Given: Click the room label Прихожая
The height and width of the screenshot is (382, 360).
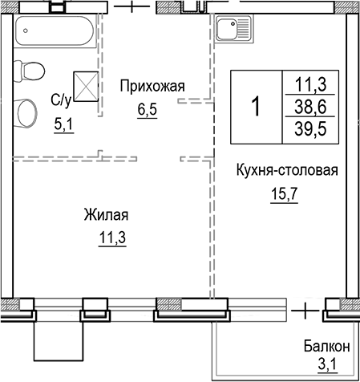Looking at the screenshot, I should click(152, 86).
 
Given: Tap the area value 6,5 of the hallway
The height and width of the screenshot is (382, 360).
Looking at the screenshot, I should click(147, 110).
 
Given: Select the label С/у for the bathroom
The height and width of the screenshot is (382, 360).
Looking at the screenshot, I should click(62, 100).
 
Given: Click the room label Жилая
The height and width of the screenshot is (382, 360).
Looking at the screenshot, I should click(106, 215).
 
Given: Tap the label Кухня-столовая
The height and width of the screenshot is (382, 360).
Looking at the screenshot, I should click(285, 170).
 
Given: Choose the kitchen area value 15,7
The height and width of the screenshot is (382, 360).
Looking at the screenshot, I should click(284, 195).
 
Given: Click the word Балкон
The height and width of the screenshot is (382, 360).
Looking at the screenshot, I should click(326, 347).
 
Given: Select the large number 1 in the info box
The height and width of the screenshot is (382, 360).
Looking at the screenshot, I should click(256, 106).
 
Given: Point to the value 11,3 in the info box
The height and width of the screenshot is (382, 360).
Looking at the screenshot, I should click(313, 83).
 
